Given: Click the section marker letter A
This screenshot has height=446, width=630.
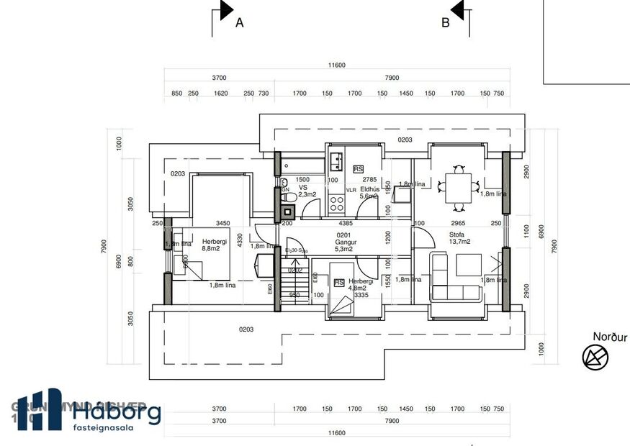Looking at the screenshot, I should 240,22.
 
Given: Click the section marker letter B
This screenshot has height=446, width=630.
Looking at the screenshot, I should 445,22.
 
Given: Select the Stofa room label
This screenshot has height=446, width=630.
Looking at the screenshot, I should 456,235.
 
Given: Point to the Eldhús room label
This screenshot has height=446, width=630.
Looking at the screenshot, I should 370,188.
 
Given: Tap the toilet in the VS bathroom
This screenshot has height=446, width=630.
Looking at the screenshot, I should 288,196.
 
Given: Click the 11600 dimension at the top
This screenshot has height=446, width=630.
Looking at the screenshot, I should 337,65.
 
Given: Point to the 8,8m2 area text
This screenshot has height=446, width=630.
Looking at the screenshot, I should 210,249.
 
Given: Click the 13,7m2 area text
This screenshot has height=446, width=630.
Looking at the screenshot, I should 460,242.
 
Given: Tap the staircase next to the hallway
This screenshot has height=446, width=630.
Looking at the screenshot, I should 296,281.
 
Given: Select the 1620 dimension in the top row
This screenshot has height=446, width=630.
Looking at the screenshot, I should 221,94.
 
